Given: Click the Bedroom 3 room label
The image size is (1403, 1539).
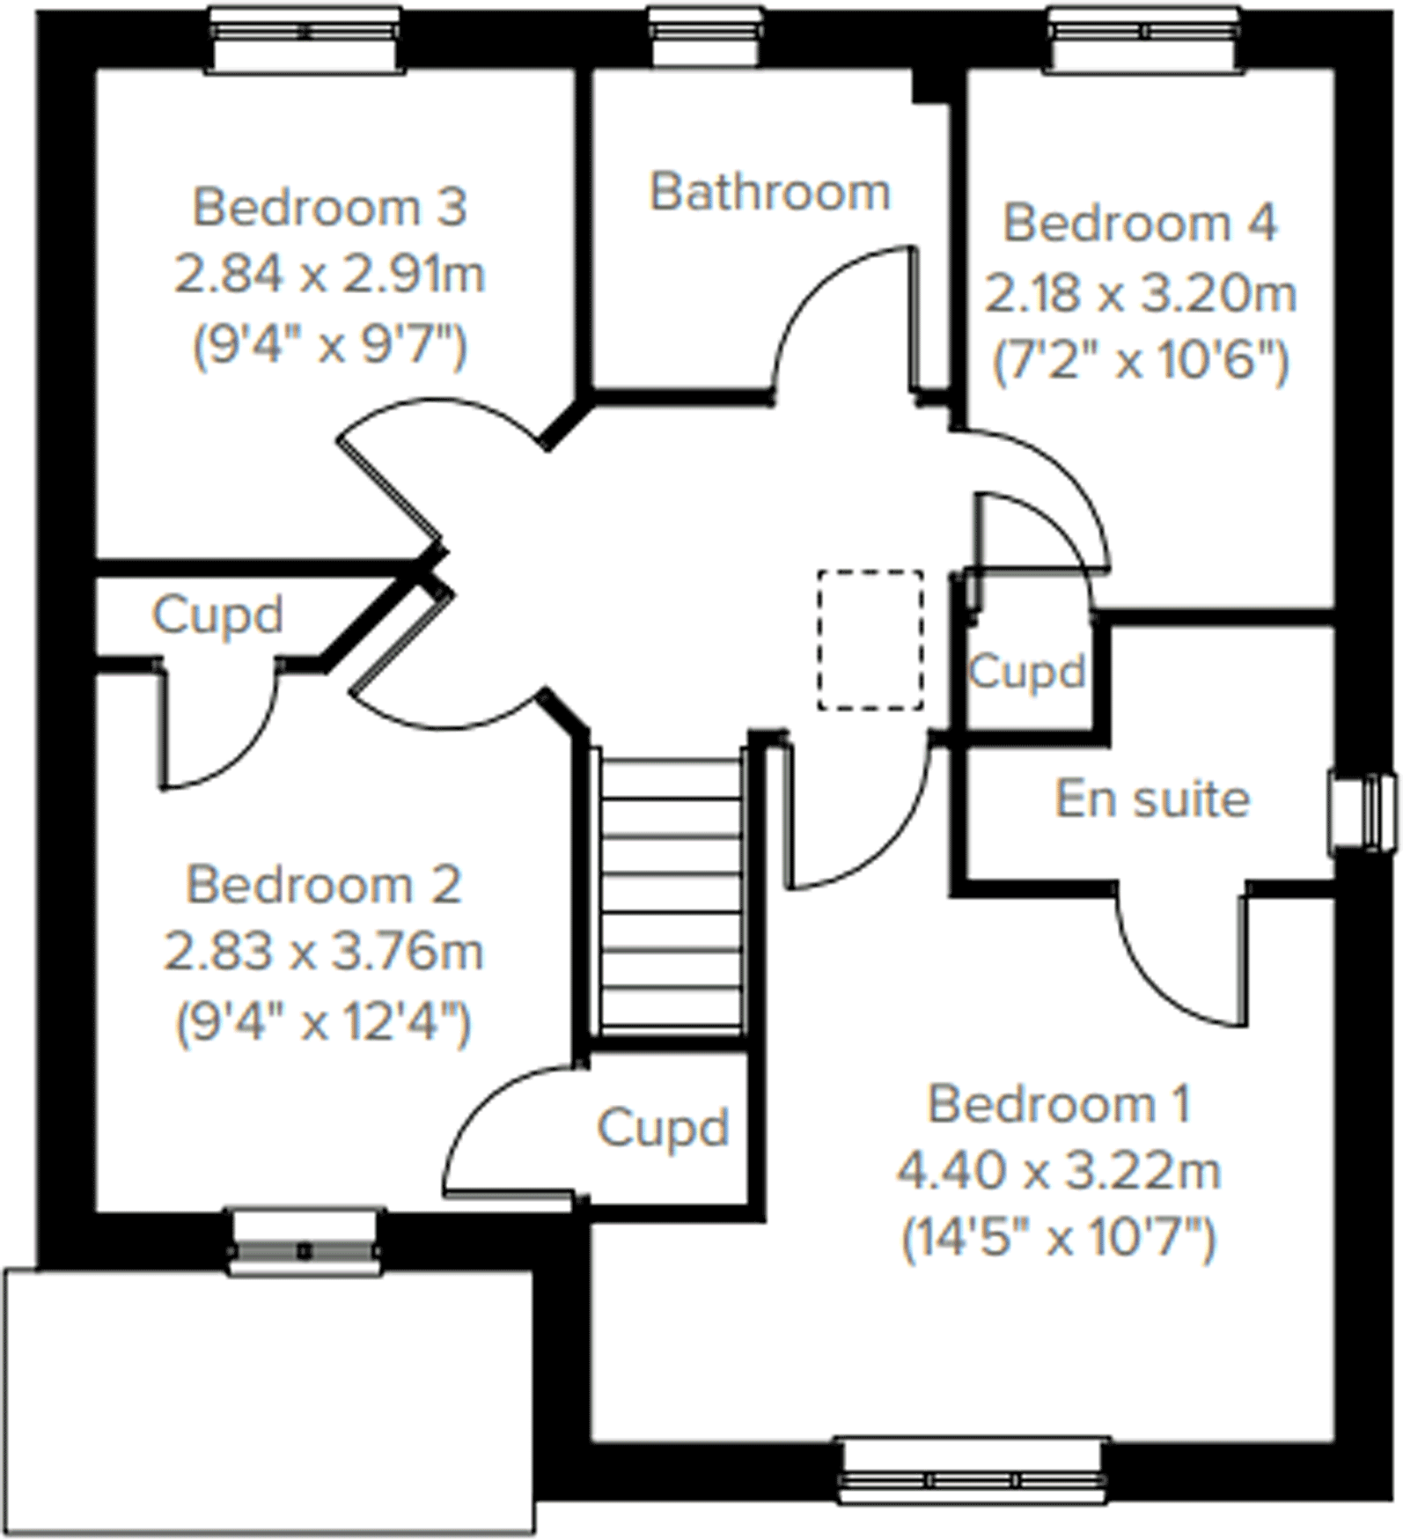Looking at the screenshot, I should (x=329, y=208).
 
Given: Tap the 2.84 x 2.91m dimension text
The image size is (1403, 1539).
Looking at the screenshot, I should (x=329, y=275).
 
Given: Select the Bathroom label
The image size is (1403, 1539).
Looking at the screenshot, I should (x=770, y=192).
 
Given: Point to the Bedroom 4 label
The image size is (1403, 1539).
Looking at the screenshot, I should (x=1140, y=224).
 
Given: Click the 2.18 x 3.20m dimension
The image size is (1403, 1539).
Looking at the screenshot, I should (x=1140, y=293).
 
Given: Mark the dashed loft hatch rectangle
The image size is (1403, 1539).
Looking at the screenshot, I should (x=870, y=640).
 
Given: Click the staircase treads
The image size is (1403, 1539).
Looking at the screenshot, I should (x=670, y=889).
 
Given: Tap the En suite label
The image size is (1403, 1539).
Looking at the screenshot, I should (x=1152, y=799).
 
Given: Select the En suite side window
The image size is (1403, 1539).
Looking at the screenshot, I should (x=1363, y=813).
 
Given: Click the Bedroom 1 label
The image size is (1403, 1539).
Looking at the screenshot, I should (x=1059, y=1104).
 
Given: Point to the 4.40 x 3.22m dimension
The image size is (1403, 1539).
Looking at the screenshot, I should (x=1059, y=1172).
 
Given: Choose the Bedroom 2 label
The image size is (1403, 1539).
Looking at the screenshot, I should (x=323, y=885).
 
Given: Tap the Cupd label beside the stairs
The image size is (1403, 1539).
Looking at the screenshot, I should (x=663, y=1128).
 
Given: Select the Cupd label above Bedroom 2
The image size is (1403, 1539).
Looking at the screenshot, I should (x=217, y=615).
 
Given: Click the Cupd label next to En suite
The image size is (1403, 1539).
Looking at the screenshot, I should (x=1026, y=673).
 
